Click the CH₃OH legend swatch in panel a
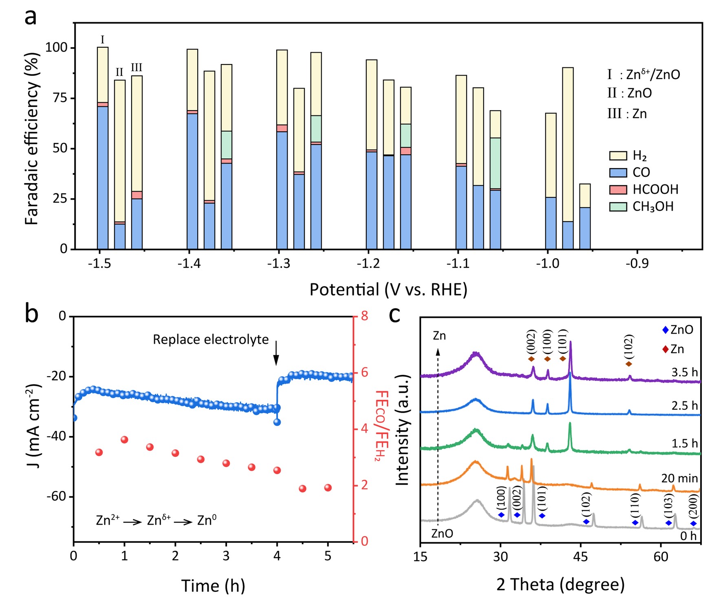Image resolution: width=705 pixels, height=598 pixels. (x=618, y=207)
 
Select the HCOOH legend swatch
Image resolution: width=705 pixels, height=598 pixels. (x=618, y=190)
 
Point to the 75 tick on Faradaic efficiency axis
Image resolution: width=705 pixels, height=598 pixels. (x=60, y=98)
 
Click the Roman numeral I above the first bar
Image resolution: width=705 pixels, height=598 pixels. (x=102, y=40)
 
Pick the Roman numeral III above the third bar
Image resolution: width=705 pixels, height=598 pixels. (x=137, y=68)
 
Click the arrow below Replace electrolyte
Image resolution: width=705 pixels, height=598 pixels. (x=276, y=354)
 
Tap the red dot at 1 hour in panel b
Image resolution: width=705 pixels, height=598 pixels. (x=124, y=440)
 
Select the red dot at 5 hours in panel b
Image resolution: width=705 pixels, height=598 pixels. (x=328, y=488)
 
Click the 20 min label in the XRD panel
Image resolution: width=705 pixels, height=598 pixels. (x=679, y=478)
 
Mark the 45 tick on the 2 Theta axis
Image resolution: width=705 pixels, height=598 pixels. (x=581, y=556)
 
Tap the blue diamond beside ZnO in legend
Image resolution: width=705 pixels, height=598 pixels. (x=665, y=330)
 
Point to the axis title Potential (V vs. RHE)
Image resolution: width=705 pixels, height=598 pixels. (x=388, y=289)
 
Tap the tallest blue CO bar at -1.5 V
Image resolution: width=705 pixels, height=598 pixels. (x=103, y=177)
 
